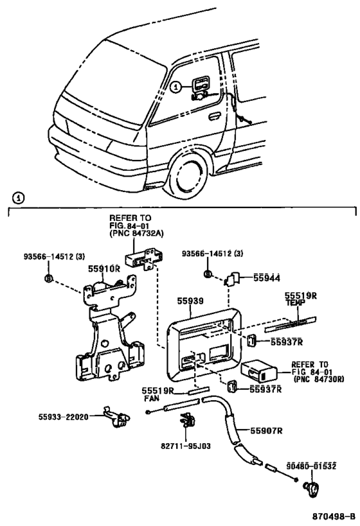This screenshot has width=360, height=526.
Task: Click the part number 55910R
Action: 104,268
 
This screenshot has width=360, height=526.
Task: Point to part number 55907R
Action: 266,430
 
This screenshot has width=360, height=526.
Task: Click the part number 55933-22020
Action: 63,417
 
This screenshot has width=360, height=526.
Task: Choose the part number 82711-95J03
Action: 186,446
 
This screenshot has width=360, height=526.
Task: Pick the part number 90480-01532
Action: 311,466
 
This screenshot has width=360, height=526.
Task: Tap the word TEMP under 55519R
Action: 296,302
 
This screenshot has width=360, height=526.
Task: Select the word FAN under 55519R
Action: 152,399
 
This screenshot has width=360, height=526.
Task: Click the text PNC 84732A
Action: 137,234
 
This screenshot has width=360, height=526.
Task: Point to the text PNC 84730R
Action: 321,379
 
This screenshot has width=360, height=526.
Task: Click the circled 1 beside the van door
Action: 175,87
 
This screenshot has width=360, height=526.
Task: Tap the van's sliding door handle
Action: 214,117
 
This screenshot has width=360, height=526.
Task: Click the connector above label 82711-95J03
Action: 188,419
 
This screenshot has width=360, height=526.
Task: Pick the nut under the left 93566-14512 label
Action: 49,278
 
